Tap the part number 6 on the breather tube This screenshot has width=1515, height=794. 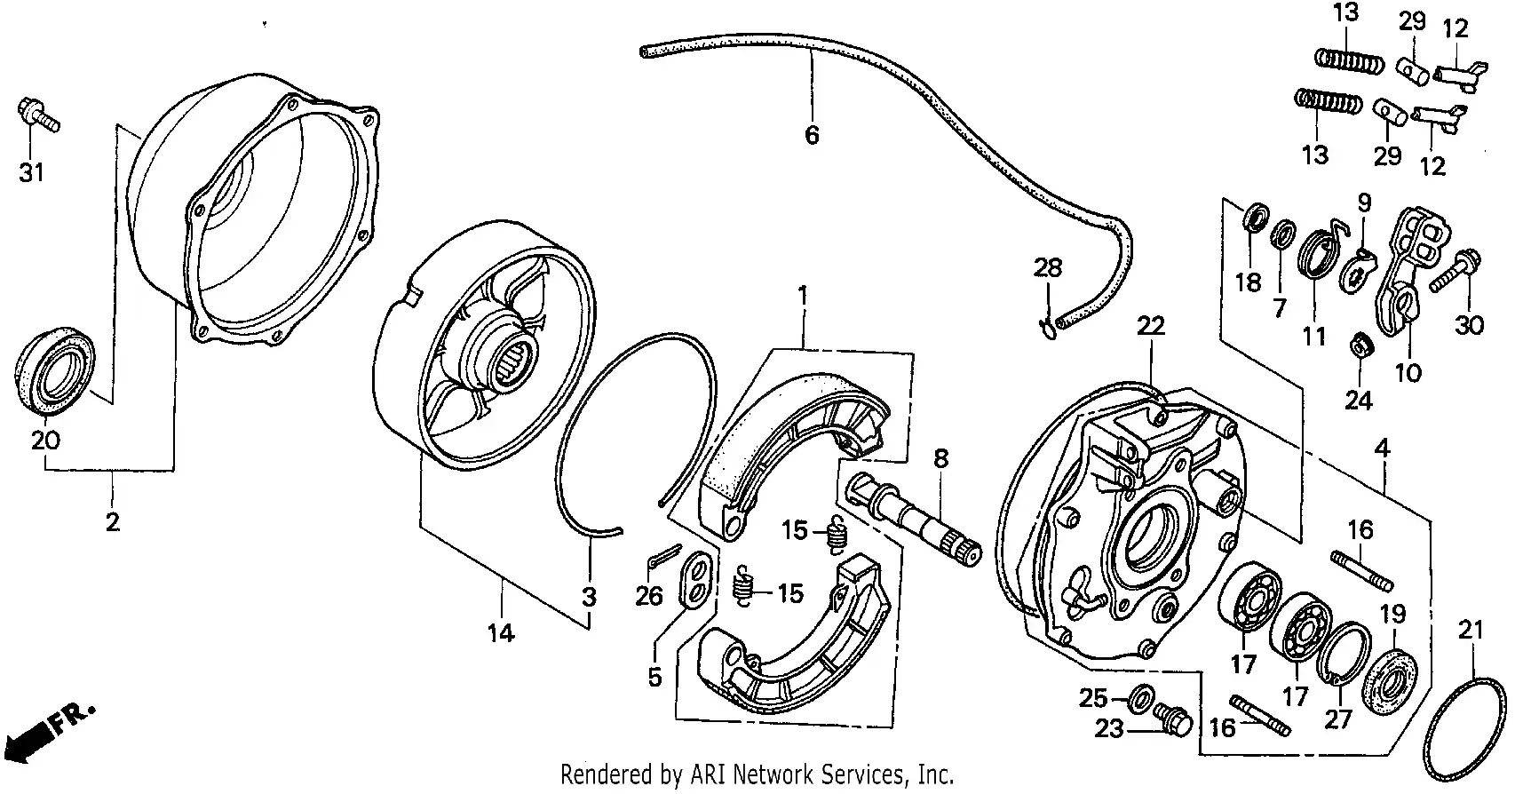[811, 136]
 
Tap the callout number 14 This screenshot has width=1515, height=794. [500, 633]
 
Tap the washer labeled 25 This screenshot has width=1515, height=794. [1140, 699]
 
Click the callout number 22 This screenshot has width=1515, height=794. [1150, 326]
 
